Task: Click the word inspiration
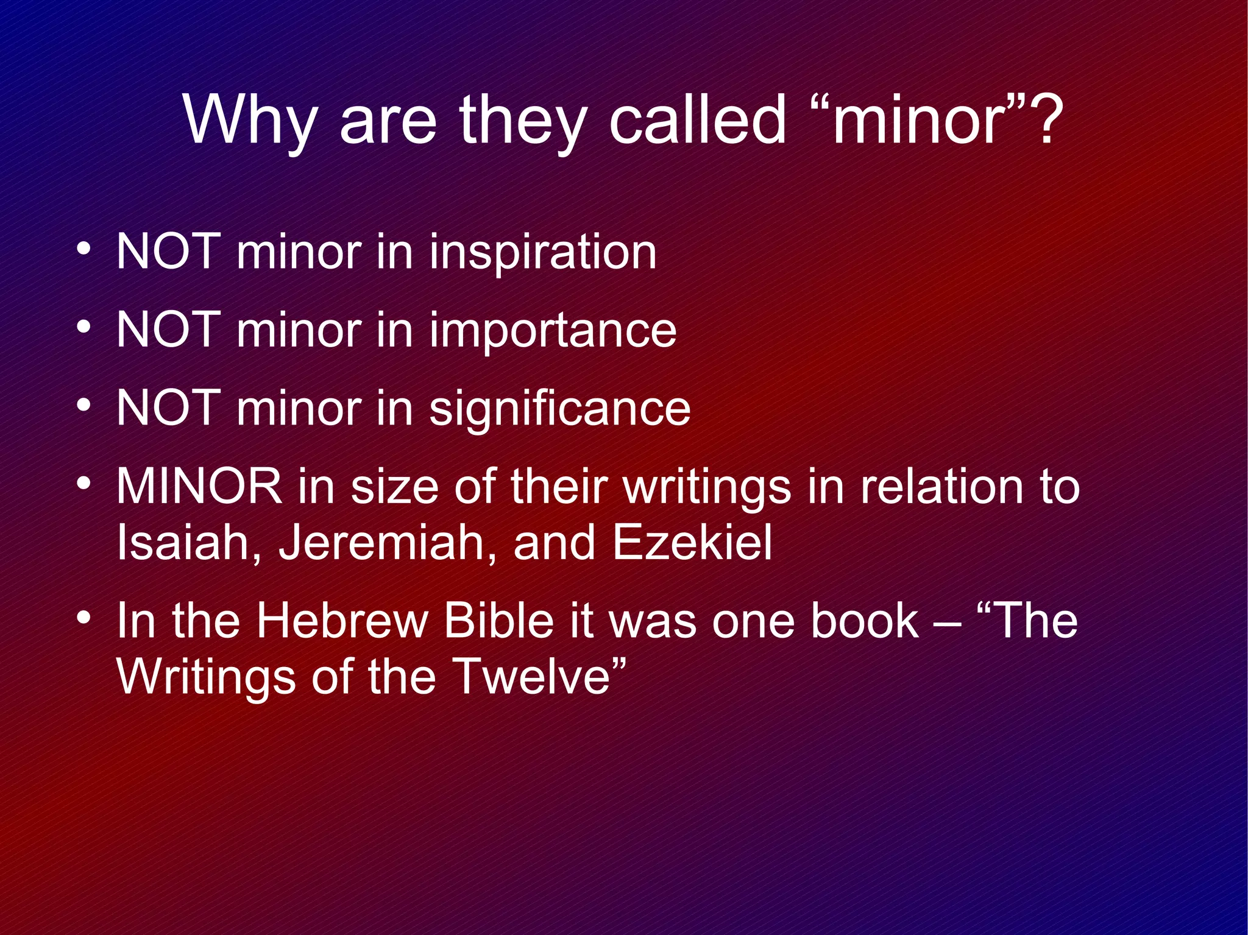pyautogui.click(x=543, y=252)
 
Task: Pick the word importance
pyautogui.click(x=553, y=330)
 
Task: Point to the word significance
pyautogui.click(x=559, y=408)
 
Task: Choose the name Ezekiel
pyautogui.click(x=692, y=542)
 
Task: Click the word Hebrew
pyautogui.click(x=342, y=621)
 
